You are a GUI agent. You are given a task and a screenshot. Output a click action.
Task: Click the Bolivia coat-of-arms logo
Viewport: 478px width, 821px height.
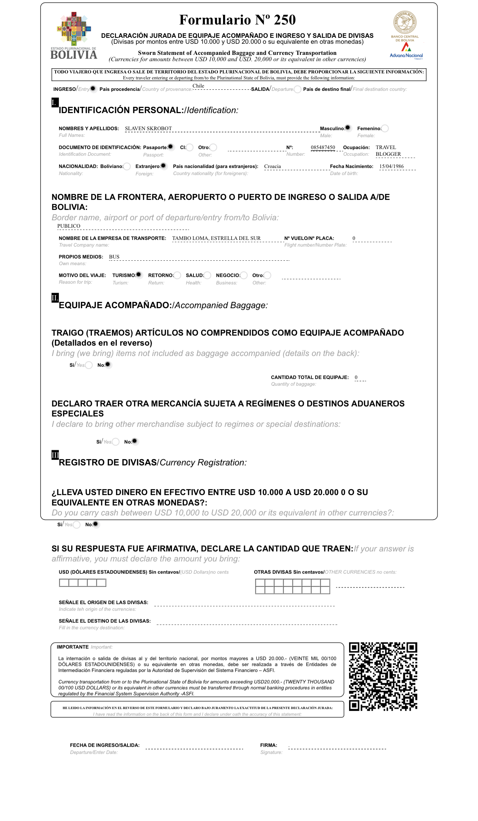pyautogui.click(x=74, y=29)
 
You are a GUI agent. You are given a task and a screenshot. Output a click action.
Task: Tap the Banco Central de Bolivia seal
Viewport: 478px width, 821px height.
pyautogui.click(x=405, y=22)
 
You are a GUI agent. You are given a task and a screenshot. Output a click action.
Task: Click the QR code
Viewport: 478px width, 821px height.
pyautogui.click(x=383, y=676)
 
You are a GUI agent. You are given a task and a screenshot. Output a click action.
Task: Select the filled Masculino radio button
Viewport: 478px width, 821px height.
pyautogui.click(x=348, y=128)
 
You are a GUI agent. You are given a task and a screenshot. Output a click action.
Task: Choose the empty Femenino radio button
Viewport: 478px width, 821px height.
pyautogui.click(x=385, y=128)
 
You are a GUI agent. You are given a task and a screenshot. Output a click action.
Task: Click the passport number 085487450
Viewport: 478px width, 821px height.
pyautogui.click(x=323, y=148)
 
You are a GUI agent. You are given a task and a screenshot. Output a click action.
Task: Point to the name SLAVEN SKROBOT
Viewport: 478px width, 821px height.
pyautogui.click(x=148, y=129)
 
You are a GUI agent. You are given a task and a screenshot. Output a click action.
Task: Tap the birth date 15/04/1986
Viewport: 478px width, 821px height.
pyautogui.click(x=391, y=166)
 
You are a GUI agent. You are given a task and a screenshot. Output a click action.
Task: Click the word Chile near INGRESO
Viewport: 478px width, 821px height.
pyautogui.click(x=198, y=86)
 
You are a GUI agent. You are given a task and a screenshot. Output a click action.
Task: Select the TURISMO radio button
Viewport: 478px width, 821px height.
pyautogui.click(x=139, y=275)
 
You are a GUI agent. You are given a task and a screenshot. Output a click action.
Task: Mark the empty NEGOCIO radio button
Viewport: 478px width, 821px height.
pyautogui.click(x=244, y=275)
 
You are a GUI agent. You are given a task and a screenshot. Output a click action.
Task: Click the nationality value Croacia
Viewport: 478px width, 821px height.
pyautogui.click(x=272, y=166)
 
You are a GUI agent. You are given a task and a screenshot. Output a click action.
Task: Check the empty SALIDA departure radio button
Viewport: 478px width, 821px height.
pyautogui.click(x=298, y=89)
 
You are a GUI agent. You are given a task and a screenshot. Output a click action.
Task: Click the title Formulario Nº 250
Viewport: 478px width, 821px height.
pyautogui.click(x=238, y=20)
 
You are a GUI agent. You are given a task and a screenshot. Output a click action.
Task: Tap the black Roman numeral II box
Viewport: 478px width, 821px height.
pyautogui.click(x=55, y=297)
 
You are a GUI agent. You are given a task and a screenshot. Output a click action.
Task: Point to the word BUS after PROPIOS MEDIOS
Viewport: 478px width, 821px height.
pyautogui.click(x=114, y=257)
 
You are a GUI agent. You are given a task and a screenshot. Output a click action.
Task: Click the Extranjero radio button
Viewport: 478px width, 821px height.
pyautogui.click(x=163, y=166)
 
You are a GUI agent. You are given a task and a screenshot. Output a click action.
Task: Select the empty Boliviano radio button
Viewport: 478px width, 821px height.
pyautogui.click(x=127, y=166)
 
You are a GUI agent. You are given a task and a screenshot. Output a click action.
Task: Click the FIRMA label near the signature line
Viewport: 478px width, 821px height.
pyautogui.click(x=269, y=745)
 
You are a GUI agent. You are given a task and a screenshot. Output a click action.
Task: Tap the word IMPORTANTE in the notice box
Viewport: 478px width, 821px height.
pyautogui.click(x=73, y=647)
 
